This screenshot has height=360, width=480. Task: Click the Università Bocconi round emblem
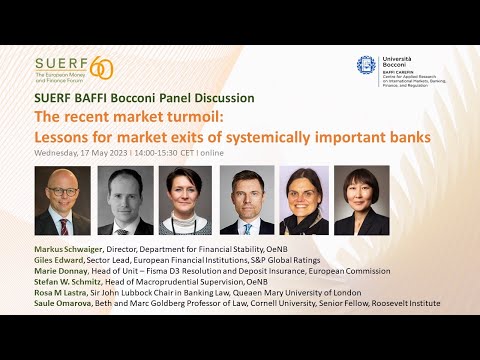(x=367, y=65)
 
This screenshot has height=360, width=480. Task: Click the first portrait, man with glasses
(x=63, y=200)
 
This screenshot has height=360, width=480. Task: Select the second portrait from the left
(x=127, y=200)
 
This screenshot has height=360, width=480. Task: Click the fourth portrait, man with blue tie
(x=246, y=200)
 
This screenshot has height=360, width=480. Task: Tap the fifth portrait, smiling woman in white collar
(x=304, y=200)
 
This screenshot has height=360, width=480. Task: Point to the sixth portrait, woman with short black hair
(x=361, y=200)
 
